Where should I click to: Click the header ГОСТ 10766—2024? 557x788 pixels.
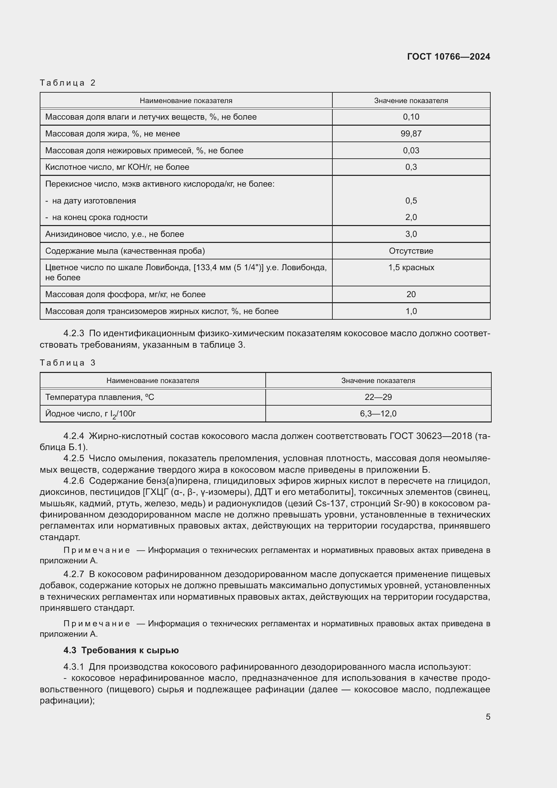(x=448, y=57)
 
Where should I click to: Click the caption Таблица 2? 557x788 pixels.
(x=68, y=83)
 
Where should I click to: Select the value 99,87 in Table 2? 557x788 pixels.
(x=411, y=134)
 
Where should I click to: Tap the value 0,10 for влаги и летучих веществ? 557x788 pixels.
(x=411, y=117)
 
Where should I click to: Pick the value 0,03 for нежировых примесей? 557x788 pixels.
(x=411, y=151)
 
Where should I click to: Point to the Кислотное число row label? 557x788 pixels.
(x=117, y=167)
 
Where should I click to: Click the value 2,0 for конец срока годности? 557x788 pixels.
(x=411, y=217)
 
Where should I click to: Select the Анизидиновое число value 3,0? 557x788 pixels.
(x=411, y=234)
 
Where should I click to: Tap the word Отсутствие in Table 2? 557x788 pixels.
(x=411, y=251)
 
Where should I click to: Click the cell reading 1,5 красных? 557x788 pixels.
(x=411, y=268)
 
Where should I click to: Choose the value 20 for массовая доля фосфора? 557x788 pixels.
(x=411, y=294)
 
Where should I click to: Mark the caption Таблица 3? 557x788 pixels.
(x=68, y=363)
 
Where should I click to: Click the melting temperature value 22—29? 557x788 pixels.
(x=378, y=397)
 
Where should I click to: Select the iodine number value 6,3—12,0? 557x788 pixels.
(x=378, y=414)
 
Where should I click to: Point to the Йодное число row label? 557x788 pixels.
(x=90, y=414)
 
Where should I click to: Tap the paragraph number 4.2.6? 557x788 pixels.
(x=74, y=481)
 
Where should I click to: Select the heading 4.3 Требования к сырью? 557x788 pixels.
(x=121, y=650)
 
